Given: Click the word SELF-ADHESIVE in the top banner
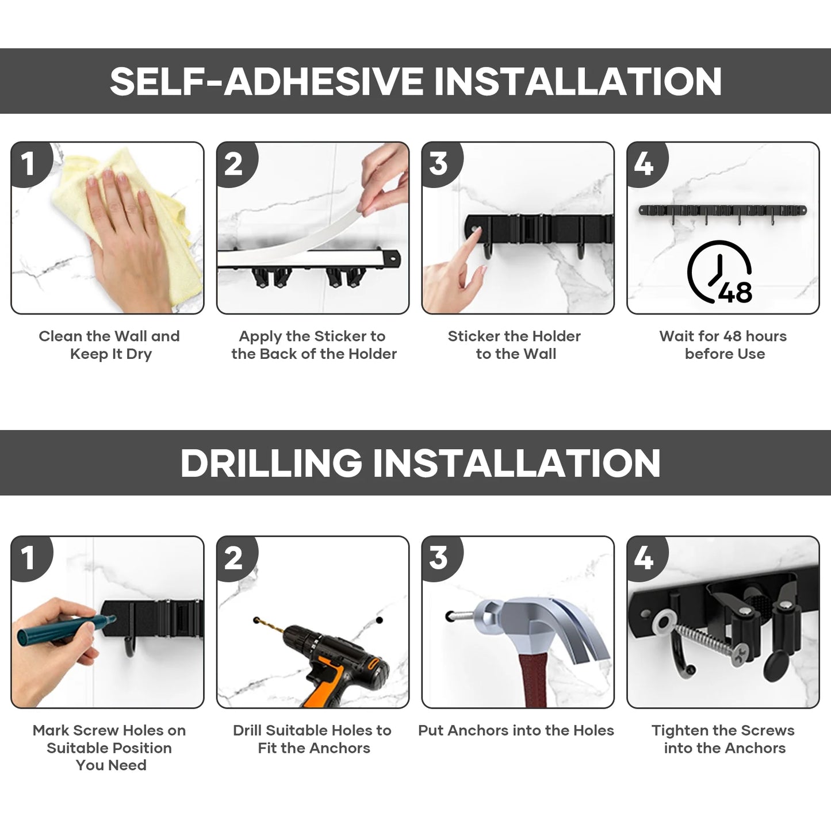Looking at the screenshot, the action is click(266, 82).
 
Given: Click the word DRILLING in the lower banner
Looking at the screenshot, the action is click(271, 463).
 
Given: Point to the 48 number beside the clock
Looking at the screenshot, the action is click(736, 292).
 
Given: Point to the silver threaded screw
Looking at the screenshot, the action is click(707, 642).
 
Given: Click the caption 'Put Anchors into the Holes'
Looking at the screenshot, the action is click(516, 730).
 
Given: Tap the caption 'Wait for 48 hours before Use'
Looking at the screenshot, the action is click(723, 345).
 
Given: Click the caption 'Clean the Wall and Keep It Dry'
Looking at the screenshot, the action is click(109, 345).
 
